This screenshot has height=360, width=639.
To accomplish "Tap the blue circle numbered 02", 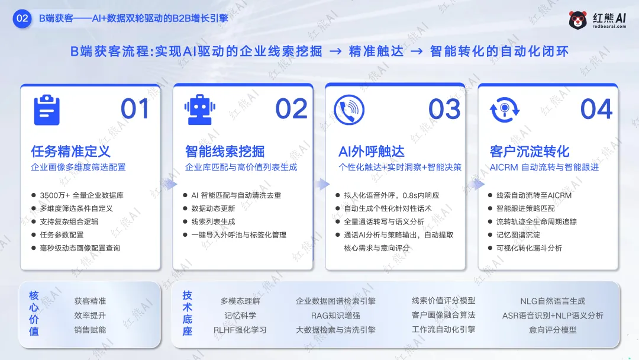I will [x=22, y=18].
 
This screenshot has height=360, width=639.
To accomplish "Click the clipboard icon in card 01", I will [x=47, y=110].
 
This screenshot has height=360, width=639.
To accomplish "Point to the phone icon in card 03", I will [x=349, y=110].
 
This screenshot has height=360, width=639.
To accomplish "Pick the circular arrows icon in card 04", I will [x=504, y=110].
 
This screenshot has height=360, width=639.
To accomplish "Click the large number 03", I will [x=444, y=110].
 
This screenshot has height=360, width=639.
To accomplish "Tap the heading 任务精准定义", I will [x=70, y=151].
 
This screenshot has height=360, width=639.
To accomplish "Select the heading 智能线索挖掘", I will [x=225, y=151].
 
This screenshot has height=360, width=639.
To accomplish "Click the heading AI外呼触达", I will [x=372, y=151].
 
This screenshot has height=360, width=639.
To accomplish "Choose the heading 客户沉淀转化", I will [x=530, y=151].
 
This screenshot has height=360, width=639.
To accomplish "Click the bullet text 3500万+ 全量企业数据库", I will [x=82, y=195].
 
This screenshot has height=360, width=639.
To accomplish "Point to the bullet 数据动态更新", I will [x=213, y=208].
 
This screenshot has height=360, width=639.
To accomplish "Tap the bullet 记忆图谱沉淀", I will [x=518, y=234].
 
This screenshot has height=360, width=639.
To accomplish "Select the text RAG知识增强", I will [x=335, y=316].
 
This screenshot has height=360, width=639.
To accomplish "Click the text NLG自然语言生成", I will [x=553, y=301].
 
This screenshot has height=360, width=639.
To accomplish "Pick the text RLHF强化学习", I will [x=240, y=330].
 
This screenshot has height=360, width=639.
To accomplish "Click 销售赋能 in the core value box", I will [x=90, y=330].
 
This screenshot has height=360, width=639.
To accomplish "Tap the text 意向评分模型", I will [x=553, y=330].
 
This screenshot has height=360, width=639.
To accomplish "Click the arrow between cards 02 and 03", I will [x=320, y=183].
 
